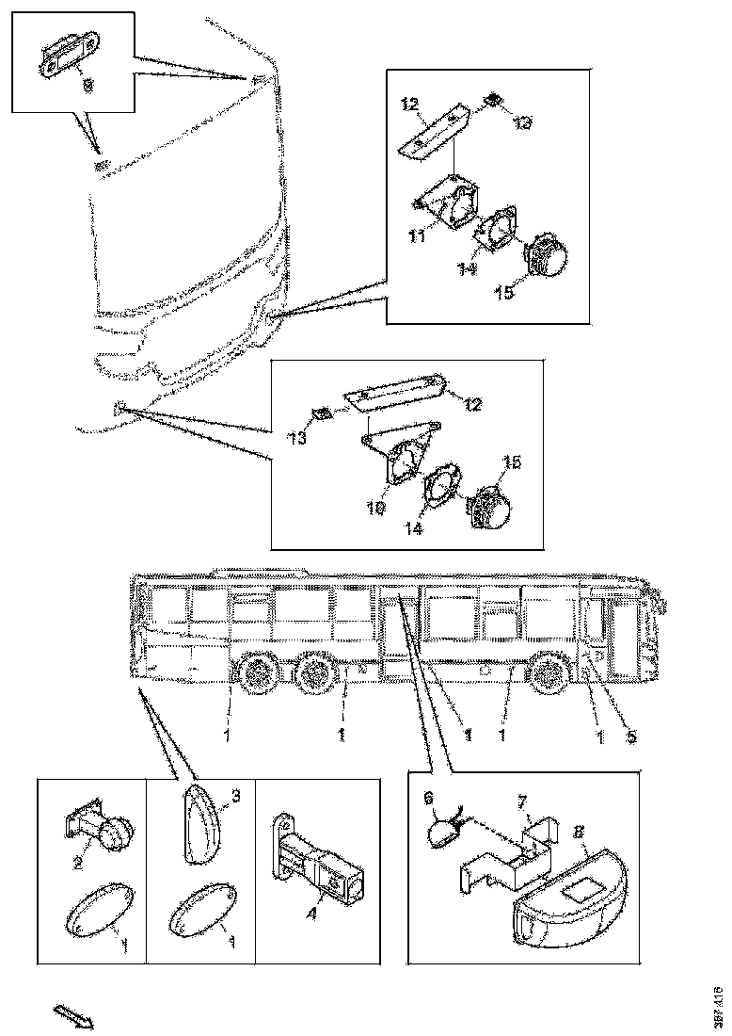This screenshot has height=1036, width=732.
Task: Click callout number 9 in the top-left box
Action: point(88,85)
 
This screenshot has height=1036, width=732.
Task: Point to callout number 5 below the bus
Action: point(630,737)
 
